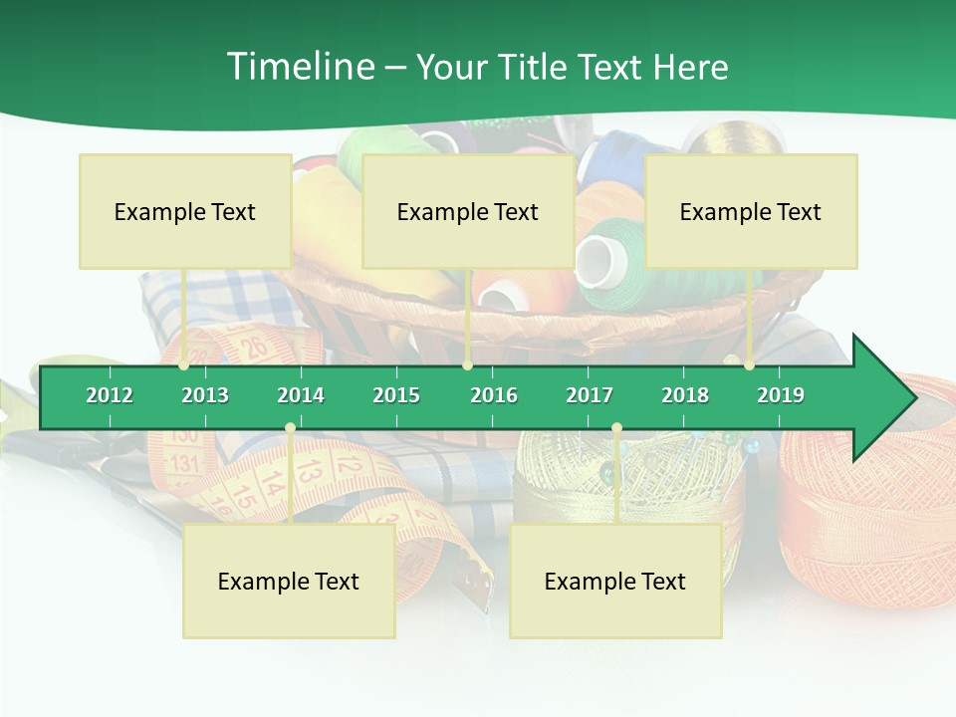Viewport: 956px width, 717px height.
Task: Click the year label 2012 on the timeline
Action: (110, 395)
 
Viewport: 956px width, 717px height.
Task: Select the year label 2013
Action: (205, 395)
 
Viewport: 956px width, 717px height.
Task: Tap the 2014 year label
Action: (301, 395)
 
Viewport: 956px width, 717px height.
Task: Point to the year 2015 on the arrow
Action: (396, 395)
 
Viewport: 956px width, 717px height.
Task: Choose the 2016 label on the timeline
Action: (494, 395)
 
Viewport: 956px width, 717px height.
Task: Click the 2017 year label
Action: (590, 395)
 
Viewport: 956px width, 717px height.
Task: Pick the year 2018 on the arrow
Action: (685, 395)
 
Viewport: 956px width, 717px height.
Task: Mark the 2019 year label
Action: (781, 395)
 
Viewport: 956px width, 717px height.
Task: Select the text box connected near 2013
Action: (185, 211)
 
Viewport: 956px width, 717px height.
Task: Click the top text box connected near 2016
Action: (468, 211)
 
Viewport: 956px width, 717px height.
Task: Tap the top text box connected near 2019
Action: (751, 211)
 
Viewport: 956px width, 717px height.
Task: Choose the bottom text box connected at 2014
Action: (289, 581)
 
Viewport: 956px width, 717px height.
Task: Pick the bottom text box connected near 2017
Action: (615, 581)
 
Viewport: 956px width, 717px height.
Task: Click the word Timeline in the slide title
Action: (299, 67)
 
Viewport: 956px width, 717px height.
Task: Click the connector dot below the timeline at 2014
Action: (290, 428)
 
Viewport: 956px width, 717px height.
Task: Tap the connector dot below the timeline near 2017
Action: (616, 428)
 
